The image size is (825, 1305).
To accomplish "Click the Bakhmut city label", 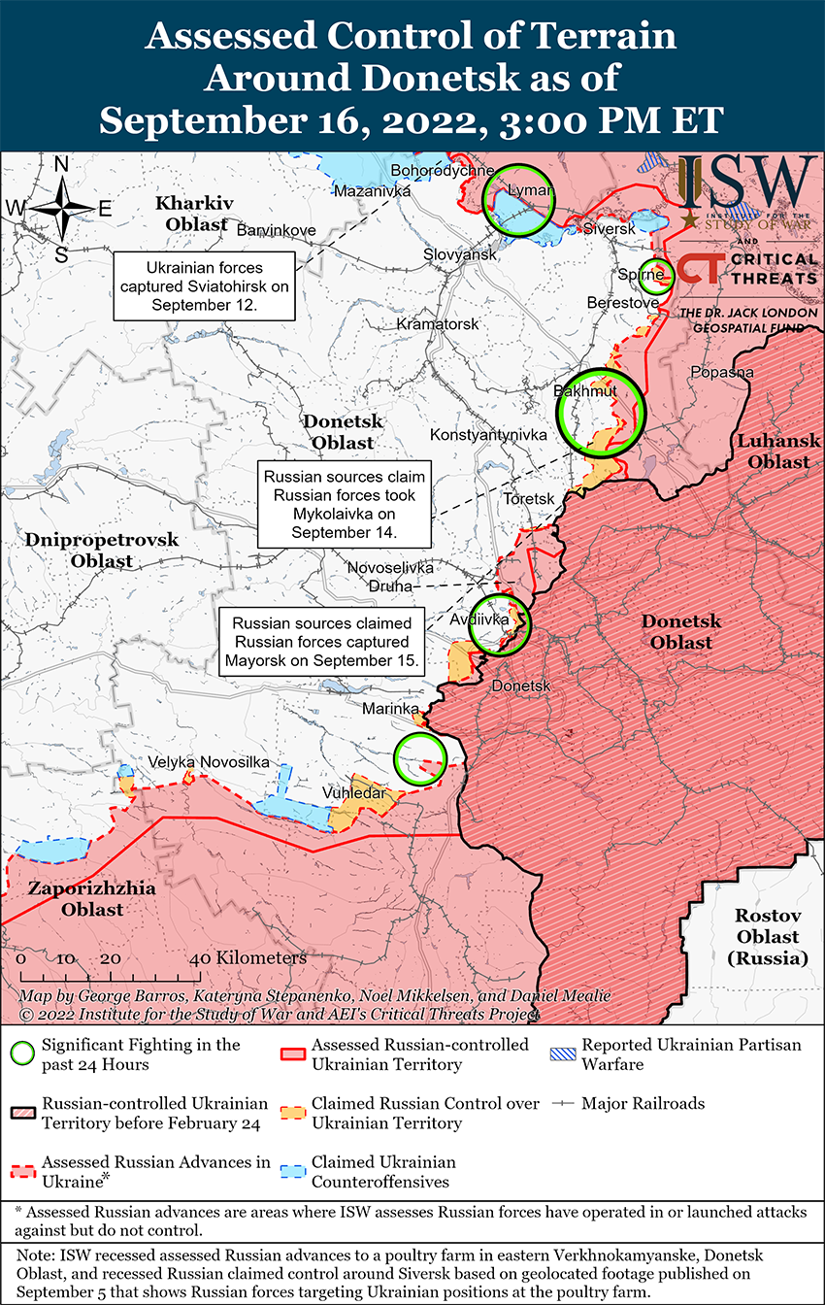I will [585, 391].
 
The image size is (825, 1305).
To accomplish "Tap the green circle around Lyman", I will [519, 198].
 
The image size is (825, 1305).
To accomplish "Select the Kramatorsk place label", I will [438, 323].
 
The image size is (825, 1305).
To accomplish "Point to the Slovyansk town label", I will [459, 253].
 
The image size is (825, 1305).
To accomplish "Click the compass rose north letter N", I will [61, 165].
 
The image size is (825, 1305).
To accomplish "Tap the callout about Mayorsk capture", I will [321, 642].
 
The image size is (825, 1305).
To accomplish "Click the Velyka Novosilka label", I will [209, 762].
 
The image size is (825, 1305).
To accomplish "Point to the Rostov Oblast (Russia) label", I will [767, 937].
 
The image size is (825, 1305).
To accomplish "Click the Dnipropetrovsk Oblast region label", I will [88, 550].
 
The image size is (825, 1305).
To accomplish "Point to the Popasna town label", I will [721, 372].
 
